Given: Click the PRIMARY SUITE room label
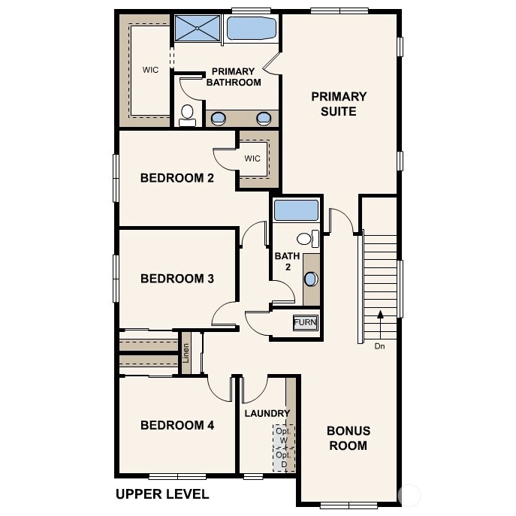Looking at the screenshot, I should tap(339, 104).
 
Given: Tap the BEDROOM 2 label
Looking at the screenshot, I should tap(177, 178).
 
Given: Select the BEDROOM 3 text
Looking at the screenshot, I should tap(177, 279).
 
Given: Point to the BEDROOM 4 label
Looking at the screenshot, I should tap(177, 425).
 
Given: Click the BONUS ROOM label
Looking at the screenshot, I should tap(348, 439).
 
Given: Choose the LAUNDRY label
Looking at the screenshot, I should tap(267, 413).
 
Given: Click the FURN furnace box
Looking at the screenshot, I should tap(305, 323).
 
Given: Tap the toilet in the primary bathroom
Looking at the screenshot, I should tap(187, 115).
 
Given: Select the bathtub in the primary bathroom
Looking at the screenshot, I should tap(251, 29).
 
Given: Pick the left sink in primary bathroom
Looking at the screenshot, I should tap(219, 118).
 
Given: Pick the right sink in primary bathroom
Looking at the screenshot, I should tap(264, 118).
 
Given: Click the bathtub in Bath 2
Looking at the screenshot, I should tap(296, 210).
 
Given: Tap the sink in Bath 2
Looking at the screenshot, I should tap(310, 279).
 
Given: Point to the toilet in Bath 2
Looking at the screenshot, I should tap(306, 239).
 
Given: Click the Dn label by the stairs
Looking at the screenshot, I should tap(379, 346).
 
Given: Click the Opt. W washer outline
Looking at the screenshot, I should tap(283, 436).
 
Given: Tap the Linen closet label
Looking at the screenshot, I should tap(186, 353).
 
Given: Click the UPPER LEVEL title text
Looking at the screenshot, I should tap(162, 494).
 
